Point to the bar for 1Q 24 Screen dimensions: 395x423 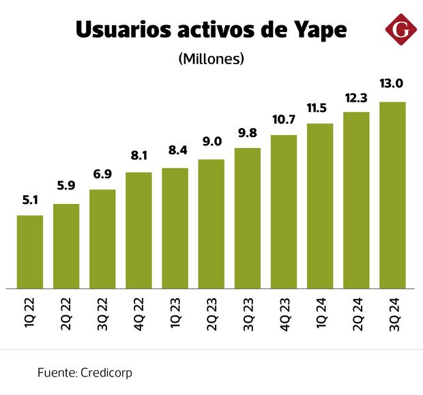(x=320, y=205)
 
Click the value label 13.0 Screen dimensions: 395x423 (x=392, y=84)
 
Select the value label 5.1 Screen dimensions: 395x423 (x=30, y=201)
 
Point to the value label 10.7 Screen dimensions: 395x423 (x=284, y=120)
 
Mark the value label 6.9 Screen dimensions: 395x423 (x=102, y=175)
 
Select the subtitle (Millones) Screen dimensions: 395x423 (x=211, y=59)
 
